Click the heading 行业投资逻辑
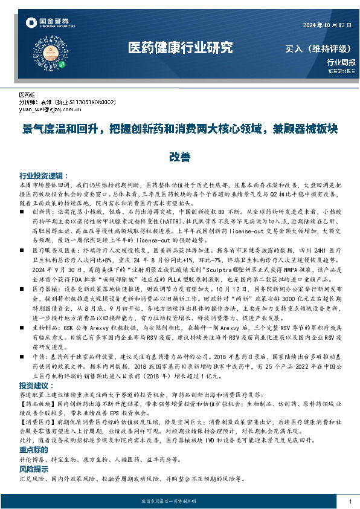coord(40,172)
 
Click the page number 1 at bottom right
coord(350,502)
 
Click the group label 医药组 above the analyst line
coord(27,96)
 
